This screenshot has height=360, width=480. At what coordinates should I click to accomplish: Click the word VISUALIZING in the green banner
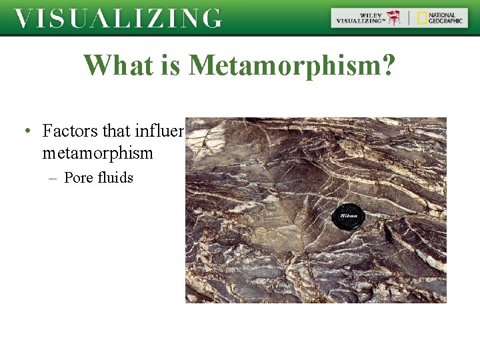[x=117, y=18]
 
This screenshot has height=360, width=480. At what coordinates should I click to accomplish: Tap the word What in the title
[x=114, y=65]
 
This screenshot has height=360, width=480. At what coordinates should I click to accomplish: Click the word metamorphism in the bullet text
[x=97, y=153]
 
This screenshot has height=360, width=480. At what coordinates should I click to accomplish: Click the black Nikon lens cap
[x=349, y=216]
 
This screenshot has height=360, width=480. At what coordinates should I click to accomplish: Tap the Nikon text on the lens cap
[x=349, y=215]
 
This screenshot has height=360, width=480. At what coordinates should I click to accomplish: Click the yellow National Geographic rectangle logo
[x=423, y=18]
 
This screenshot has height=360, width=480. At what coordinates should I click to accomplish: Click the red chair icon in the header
[x=394, y=18]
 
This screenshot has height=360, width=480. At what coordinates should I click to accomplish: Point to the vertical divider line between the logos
[x=409, y=18]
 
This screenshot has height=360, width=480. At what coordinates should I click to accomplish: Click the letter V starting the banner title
[x=24, y=18]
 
